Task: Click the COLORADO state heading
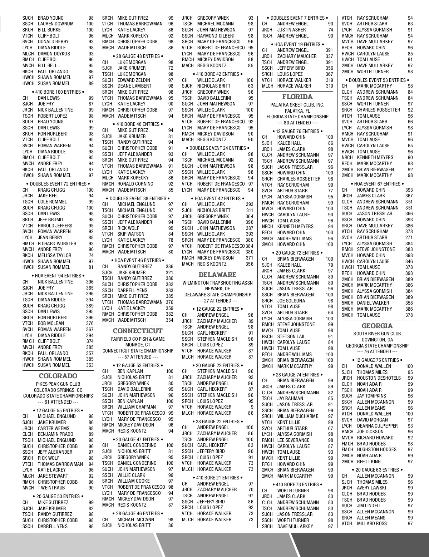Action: [58, 376]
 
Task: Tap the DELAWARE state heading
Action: [217, 275]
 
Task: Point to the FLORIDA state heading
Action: [297, 97]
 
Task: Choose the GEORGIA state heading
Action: [377, 326]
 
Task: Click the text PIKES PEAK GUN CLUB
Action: [58, 384]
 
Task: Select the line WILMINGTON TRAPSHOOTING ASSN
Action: [217, 283]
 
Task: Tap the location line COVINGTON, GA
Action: [377, 340]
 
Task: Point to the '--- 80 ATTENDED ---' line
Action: [297, 123]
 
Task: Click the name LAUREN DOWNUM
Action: [55, 24]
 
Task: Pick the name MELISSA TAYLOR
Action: [54, 255]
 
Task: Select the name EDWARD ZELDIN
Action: [134, 80]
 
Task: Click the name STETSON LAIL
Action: [291, 336]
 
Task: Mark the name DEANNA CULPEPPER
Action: [377, 426]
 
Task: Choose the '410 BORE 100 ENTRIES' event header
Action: [58, 92]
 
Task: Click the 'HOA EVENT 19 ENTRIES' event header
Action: [297, 44]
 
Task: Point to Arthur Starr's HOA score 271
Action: [409, 237]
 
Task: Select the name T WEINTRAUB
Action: [52, 488]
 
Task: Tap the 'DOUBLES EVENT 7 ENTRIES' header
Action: [297, 18]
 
